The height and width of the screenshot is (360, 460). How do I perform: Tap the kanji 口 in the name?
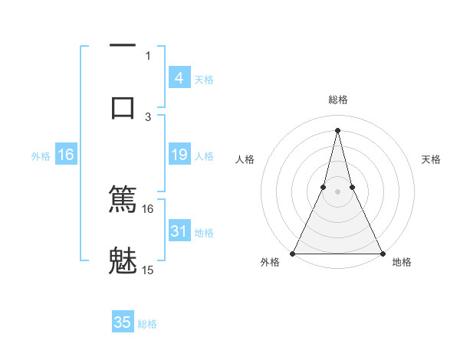tap(123, 106)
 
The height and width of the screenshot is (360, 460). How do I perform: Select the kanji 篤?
tap(123, 199)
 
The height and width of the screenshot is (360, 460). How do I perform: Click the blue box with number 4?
tap(179, 78)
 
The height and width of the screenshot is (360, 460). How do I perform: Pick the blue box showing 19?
tap(179, 155)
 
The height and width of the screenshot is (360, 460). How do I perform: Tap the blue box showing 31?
tap(179, 231)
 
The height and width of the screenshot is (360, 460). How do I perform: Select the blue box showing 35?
tap(123, 322)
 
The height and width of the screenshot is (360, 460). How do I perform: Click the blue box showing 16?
tap(66, 155)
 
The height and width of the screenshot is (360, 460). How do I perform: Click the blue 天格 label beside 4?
tap(204, 79)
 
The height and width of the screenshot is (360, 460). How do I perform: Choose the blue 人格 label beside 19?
tap(204, 156)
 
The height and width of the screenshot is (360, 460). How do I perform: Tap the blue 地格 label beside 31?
tap(204, 232)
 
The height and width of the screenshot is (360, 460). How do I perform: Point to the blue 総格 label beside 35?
tap(147, 323)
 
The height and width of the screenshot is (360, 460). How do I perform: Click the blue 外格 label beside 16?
tap(41, 156)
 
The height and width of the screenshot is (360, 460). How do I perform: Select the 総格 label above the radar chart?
tap(338, 100)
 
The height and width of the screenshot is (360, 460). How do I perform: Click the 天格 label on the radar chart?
tap(431, 159)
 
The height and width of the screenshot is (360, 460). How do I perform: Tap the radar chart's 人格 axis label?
tap(245, 159)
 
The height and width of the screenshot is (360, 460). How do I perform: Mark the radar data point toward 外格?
tap(293, 254)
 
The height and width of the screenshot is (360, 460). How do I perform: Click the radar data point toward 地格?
tap(382, 254)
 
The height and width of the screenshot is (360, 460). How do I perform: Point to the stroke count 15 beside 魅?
tap(148, 270)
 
